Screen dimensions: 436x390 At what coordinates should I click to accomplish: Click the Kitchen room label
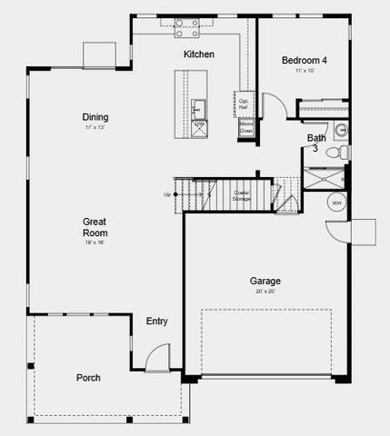click(199, 54)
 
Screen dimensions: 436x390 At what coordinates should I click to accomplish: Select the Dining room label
click(95, 117)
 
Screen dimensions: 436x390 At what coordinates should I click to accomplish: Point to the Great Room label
click(95, 226)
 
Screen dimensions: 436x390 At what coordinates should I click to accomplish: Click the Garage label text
click(265, 282)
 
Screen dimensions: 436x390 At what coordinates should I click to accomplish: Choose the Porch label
click(88, 378)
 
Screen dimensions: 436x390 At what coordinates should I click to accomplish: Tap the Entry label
click(156, 322)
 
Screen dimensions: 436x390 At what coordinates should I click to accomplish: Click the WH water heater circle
click(336, 203)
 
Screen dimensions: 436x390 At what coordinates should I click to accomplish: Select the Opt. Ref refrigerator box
click(245, 104)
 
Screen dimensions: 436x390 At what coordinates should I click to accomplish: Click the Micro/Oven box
click(245, 128)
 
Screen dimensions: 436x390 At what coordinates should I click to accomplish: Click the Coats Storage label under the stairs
click(242, 194)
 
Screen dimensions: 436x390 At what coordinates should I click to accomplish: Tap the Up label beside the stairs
click(166, 194)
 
